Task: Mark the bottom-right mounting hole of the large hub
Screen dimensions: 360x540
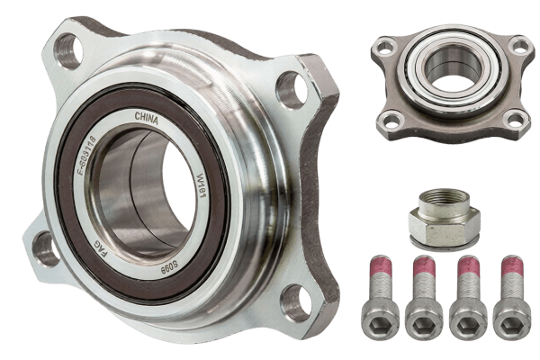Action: (x=294, y=301)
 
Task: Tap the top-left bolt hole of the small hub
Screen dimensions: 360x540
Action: (x=384, y=47)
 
